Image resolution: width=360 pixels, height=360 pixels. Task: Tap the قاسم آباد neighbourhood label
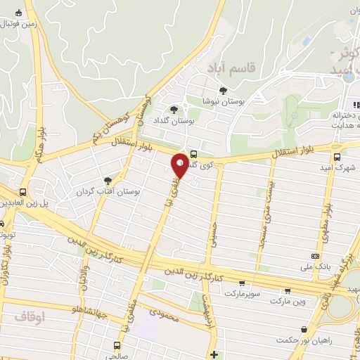[229, 67]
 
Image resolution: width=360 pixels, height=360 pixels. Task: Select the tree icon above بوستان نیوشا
[224, 90]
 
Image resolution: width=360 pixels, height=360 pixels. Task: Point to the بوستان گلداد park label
[173, 122]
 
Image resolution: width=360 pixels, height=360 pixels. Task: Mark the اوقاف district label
[29, 318]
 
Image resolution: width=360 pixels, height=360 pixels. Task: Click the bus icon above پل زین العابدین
[22, 191]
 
